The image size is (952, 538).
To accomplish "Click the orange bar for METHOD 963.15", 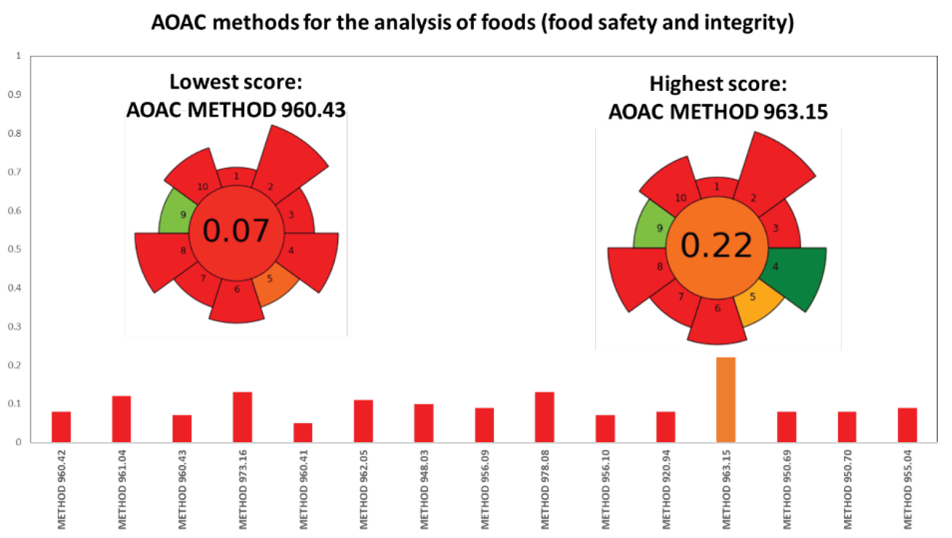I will click(726, 400).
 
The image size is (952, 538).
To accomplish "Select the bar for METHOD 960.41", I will click(303, 432).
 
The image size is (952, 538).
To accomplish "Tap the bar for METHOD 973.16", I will click(242, 417).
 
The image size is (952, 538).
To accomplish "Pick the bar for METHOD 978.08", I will click(544, 417).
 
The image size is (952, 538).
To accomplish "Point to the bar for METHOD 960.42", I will click(61, 427).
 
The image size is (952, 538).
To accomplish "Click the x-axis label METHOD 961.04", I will click(122, 489).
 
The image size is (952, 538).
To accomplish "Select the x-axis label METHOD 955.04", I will click(908, 489).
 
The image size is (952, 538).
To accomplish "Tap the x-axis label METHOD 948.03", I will click(424, 489).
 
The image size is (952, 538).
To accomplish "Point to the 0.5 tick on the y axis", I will click(14, 249).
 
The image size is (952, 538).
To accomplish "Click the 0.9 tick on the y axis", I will click(14, 95).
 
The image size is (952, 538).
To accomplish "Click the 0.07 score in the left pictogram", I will click(236, 231).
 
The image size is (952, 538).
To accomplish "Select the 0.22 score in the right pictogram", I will click(716, 245).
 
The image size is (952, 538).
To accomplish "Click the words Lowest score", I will click(236, 82).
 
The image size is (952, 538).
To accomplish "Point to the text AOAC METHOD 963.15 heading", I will click(718, 112).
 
